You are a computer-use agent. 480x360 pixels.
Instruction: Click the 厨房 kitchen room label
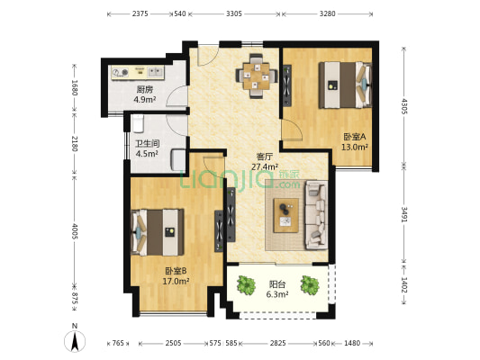click(144, 90)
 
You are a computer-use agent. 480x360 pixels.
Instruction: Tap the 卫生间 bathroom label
click(147, 143)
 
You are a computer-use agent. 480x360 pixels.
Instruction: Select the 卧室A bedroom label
click(354, 137)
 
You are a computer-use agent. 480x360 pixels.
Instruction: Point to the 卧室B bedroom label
click(176, 271)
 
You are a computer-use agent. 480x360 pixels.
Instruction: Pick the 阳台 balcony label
click(277, 283)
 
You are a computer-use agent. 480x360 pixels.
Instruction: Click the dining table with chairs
click(258, 74)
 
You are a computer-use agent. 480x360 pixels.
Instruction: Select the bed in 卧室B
click(158, 230)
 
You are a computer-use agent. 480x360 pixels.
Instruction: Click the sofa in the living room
click(314, 214)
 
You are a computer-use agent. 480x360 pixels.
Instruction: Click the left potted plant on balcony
click(245, 285)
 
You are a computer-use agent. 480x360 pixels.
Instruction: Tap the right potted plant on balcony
click(311, 285)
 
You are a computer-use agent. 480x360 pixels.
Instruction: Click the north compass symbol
click(76, 340)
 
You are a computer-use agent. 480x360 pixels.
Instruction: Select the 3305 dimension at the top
click(233, 13)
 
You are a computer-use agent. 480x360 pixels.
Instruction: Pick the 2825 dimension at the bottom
click(278, 343)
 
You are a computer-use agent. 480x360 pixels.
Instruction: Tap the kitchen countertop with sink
click(137, 72)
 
